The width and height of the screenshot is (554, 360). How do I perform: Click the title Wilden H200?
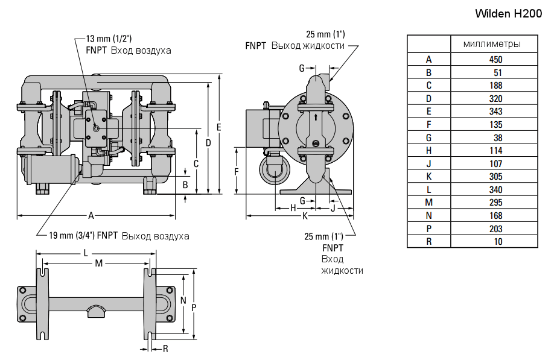click(514, 13)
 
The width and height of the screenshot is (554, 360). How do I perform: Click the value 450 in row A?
click(495, 59)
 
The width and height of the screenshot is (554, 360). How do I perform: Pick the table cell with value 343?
click(495, 112)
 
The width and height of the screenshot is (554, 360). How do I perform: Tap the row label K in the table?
click(428, 177)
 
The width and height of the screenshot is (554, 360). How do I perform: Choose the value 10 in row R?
click(497, 242)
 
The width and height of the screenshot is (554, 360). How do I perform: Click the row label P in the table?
click(428, 229)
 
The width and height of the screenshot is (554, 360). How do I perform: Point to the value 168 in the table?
click(495, 216)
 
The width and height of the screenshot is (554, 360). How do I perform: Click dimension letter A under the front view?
click(91, 215)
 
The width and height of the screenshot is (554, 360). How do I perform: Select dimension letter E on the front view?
click(218, 127)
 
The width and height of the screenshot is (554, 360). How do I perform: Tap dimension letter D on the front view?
click(208, 143)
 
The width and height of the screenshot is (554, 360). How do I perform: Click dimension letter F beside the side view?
click(237, 171)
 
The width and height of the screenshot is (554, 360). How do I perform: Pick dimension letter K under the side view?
click(305, 215)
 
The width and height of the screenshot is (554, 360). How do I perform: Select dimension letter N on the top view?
click(182, 300)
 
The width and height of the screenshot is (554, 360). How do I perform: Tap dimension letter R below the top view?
click(165, 348)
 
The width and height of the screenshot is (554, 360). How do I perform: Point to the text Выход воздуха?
click(155, 236)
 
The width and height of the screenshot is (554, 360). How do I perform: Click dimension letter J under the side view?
click(333, 207)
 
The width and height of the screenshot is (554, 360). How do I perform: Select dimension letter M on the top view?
click(98, 264)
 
